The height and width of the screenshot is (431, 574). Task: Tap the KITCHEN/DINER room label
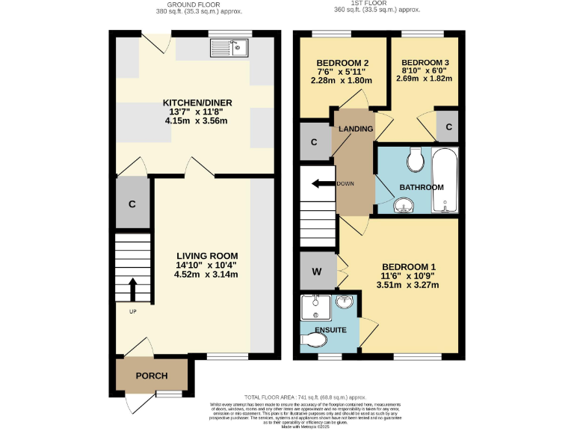[x=197, y=103]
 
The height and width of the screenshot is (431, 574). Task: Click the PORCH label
[x=151, y=376]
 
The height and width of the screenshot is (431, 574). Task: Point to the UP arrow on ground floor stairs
[x=133, y=288]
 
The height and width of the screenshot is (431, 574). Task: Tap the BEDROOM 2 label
[x=342, y=62]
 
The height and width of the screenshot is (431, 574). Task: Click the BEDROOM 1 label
[x=408, y=267]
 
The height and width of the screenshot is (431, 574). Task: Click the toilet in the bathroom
[x=415, y=159]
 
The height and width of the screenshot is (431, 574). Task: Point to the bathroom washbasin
[x=404, y=204]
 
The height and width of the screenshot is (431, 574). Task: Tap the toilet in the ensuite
[x=315, y=341]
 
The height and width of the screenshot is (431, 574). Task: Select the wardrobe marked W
[x=316, y=272]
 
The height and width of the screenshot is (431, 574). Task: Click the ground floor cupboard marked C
[x=132, y=203]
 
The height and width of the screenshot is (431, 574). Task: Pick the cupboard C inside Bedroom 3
[x=448, y=126]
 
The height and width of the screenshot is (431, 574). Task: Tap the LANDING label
[x=356, y=129]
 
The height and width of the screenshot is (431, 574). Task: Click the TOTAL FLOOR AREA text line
[x=304, y=397]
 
